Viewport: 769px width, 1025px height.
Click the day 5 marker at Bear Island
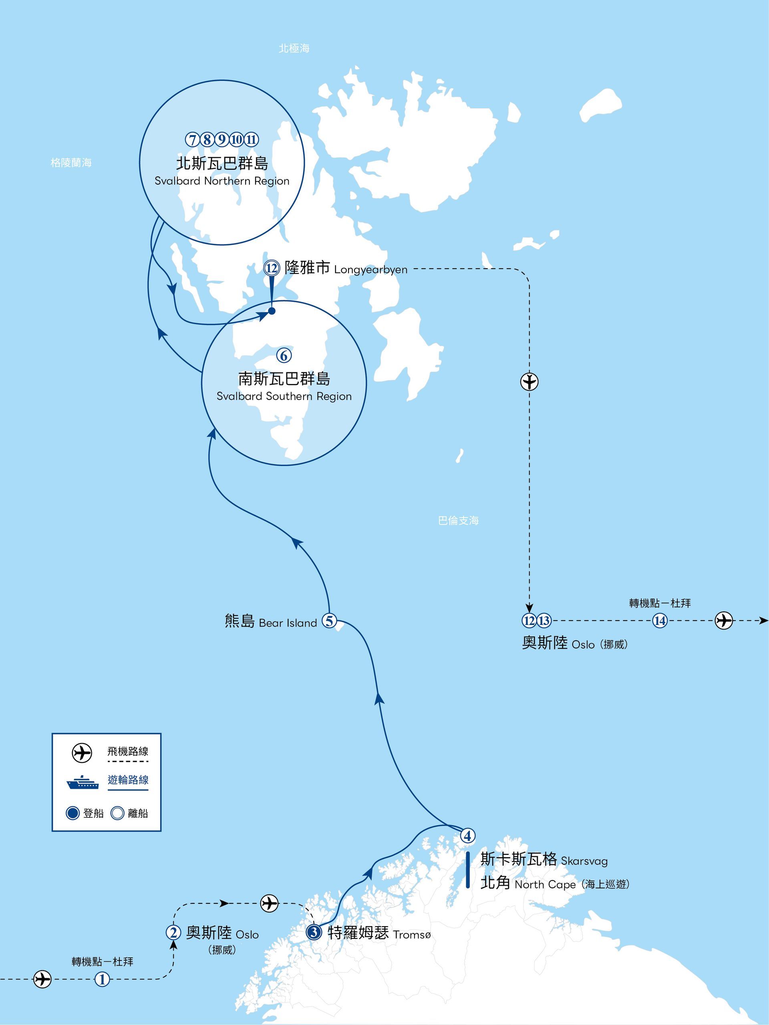pyautogui.click(x=329, y=621)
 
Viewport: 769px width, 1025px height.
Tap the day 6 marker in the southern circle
pyautogui.click(x=284, y=356)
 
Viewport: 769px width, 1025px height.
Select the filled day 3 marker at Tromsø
pyautogui.click(x=314, y=933)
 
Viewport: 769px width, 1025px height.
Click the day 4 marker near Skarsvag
pyautogui.click(x=468, y=836)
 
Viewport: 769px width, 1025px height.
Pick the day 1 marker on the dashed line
pyautogui.click(x=103, y=980)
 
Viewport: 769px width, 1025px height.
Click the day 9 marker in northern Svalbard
pyautogui.click(x=222, y=139)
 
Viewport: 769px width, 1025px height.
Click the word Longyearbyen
pyautogui.click(x=370, y=270)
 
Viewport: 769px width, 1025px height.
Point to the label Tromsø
pyautogui.click(x=412, y=935)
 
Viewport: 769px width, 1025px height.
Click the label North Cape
pyautogui.click(x=544, y=884)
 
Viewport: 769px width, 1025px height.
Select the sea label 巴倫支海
pyautogui.click(x=458, y=521)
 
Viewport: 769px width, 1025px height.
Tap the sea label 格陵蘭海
pyautogui.click(x=71, y=163)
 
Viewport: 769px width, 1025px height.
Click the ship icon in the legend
pyautogui.click(x=83, y=783)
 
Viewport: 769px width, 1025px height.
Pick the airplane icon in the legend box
pyautogui.click(x=82, y=754)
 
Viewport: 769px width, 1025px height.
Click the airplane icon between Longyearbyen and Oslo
pyautogui.click(x=529, y=382)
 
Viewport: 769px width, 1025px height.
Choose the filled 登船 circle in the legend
pyautogui.click(x=73, y=813)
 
